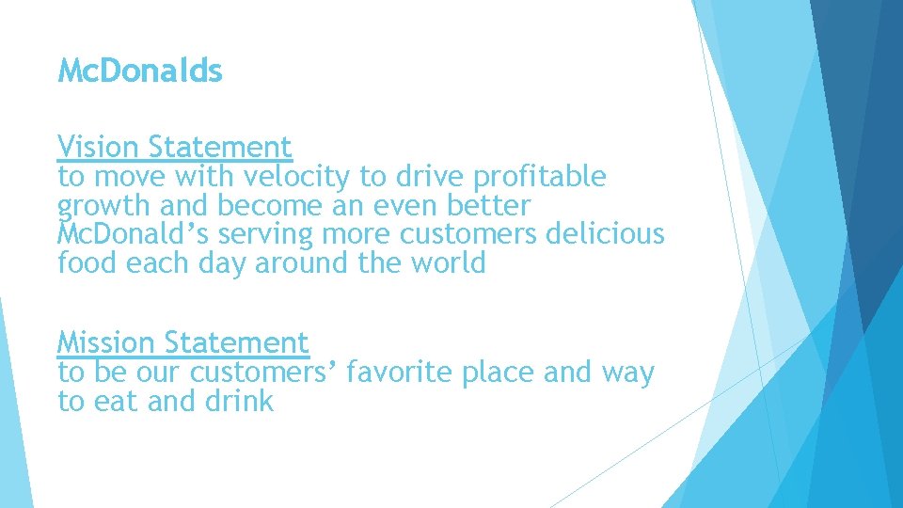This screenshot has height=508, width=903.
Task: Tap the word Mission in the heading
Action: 105,342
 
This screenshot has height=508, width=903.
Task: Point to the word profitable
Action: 540,177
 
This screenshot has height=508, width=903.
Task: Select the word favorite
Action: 401,373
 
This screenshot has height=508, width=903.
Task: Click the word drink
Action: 238,402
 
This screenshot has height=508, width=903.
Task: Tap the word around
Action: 302,262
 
